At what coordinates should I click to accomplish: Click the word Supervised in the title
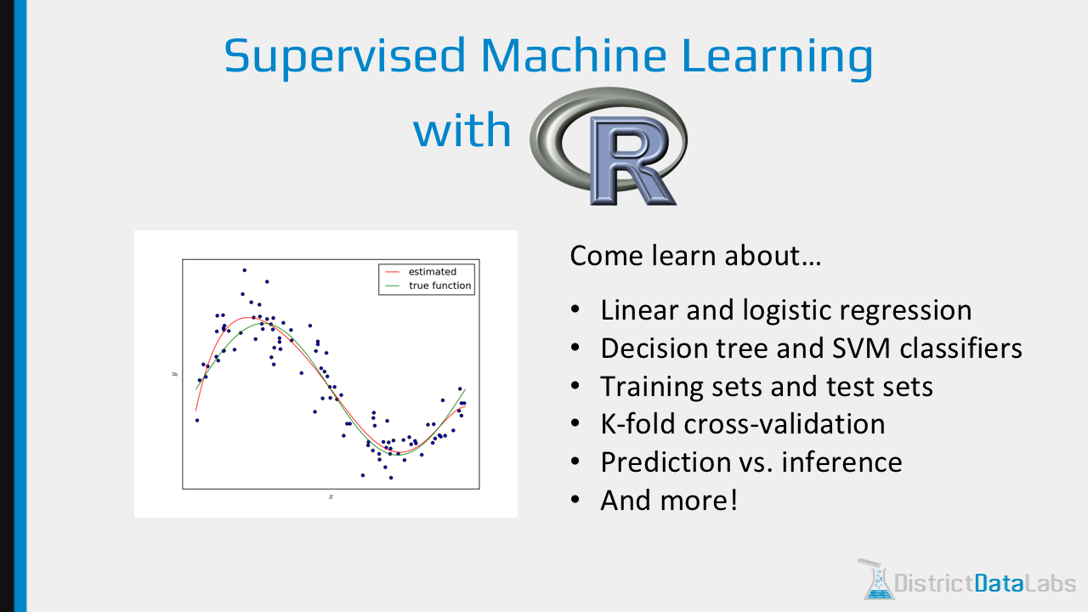pos(343,56)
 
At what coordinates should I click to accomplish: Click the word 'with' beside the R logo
pos(462,131)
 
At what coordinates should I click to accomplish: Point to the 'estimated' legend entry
pos(432,272)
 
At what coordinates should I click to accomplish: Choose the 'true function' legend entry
pos(439,286)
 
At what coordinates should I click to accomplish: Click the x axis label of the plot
pos(331,496)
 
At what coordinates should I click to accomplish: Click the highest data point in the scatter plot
pos(244,270)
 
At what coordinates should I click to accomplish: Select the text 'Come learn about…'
pos(694,256)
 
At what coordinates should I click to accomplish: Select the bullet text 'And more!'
pos(669,500)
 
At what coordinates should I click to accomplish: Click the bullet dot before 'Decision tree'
pos(576,348)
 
